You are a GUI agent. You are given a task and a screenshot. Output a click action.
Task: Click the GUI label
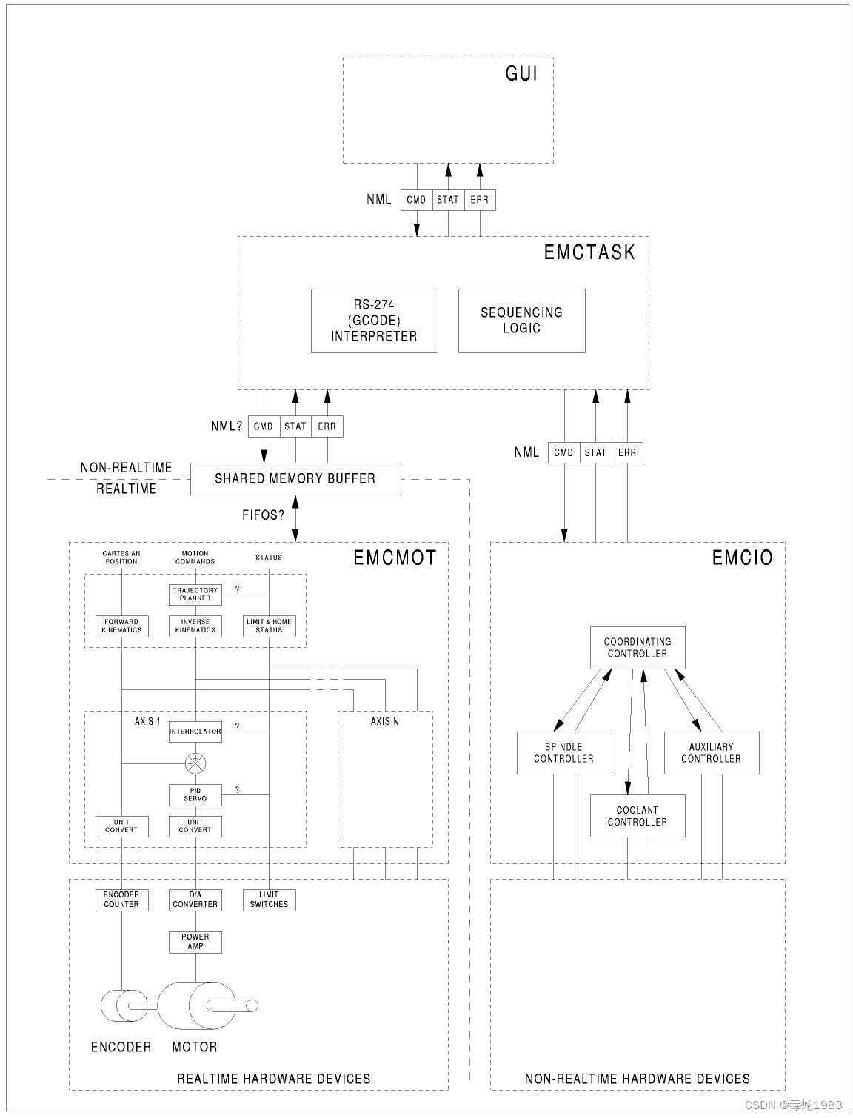coord(521,73)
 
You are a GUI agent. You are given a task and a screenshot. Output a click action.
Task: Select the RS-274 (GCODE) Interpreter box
coord(374,321)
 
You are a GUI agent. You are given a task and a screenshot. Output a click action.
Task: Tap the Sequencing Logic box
coord(521,321)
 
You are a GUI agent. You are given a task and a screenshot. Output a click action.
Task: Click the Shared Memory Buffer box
coord(295,479)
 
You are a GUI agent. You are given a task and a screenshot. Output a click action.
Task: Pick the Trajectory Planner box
coord(195,595)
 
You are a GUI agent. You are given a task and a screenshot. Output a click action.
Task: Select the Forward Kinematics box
coord(121,626)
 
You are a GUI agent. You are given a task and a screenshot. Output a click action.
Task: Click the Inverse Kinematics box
coord(195,626)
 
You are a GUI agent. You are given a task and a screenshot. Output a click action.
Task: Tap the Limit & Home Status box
coord(269,626)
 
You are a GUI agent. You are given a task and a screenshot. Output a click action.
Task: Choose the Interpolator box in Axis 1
coord(195,732)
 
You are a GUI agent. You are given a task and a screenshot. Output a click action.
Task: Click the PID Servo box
coord(195,794)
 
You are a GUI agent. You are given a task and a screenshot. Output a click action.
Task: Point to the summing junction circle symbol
coord(195,763)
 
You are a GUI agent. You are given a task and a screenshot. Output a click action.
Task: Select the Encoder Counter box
coord(121,900)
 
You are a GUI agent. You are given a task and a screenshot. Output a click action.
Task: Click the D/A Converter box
coord(195,900)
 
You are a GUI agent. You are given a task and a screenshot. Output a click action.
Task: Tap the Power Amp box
coord(195,942)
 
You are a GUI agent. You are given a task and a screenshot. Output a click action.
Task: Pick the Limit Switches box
coord(269,900)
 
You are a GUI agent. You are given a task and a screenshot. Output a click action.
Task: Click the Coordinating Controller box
coord(638,648)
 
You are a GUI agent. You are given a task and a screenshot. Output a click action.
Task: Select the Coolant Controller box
coord(638,816)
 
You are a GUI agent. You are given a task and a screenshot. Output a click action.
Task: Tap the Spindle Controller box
coord(564,753)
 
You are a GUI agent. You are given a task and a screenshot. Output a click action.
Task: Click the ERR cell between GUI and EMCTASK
coord(479,200)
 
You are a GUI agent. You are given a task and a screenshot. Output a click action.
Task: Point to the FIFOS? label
coord(263,515)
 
